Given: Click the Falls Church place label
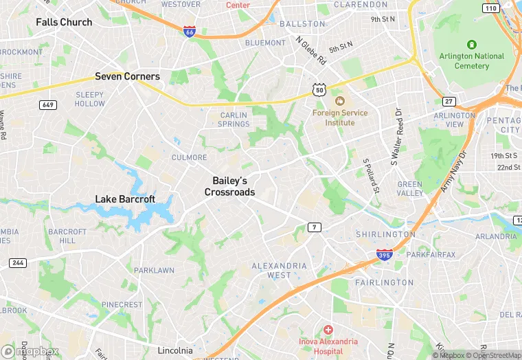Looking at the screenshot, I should (x=64, y=22).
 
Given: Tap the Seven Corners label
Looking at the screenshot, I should (x=127, y=76).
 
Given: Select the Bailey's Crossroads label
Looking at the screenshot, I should (x=229, y=186).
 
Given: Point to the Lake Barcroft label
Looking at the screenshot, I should (x=125, y=199).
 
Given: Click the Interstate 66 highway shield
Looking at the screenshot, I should (x=190, y=32).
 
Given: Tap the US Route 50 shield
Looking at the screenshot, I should (x=318, y=89).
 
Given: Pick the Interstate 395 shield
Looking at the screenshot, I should (x=385, y=255).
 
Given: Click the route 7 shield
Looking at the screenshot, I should (x=315, y=227).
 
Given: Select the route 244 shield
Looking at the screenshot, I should (x=17, y=263).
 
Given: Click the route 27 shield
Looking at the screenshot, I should (x=449, y=101).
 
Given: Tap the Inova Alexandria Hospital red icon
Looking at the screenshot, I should (x=328, y=330).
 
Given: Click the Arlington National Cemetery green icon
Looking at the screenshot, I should (x=472, y=44).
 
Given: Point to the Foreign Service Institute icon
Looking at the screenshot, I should (x=339, y=102).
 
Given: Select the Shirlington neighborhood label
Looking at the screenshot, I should (x=385, y=234).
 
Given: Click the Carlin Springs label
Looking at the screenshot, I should (x=235, y=120).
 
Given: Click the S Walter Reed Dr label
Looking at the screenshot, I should (x=396, y=137).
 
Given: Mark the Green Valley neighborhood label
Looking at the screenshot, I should (x=410, y=189).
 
